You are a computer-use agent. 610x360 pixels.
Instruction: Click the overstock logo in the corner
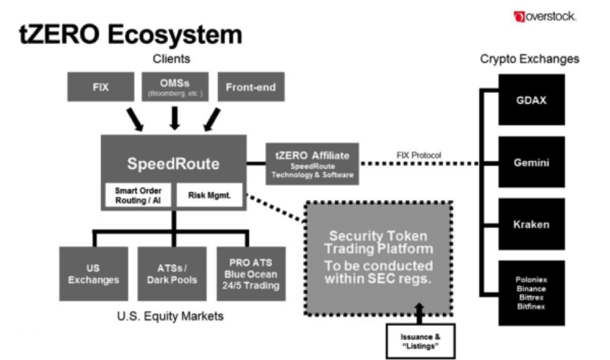(x=544, y=16)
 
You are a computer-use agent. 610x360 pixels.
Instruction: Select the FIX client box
(x=100, y=88)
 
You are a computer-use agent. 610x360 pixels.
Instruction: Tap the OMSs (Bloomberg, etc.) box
(x=174, y=88)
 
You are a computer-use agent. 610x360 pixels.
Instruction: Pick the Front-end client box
(x=251, y=88)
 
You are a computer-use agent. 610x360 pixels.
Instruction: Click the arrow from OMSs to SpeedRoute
(x=175, y=117)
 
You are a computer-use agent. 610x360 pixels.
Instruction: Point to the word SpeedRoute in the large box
(x=173, y=164)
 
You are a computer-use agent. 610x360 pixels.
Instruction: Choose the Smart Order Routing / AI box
(x=138, y=195)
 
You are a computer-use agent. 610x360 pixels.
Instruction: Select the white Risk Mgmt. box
(x=210, y=195)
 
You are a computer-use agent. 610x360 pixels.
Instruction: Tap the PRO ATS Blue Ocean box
(x=249, y=273)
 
